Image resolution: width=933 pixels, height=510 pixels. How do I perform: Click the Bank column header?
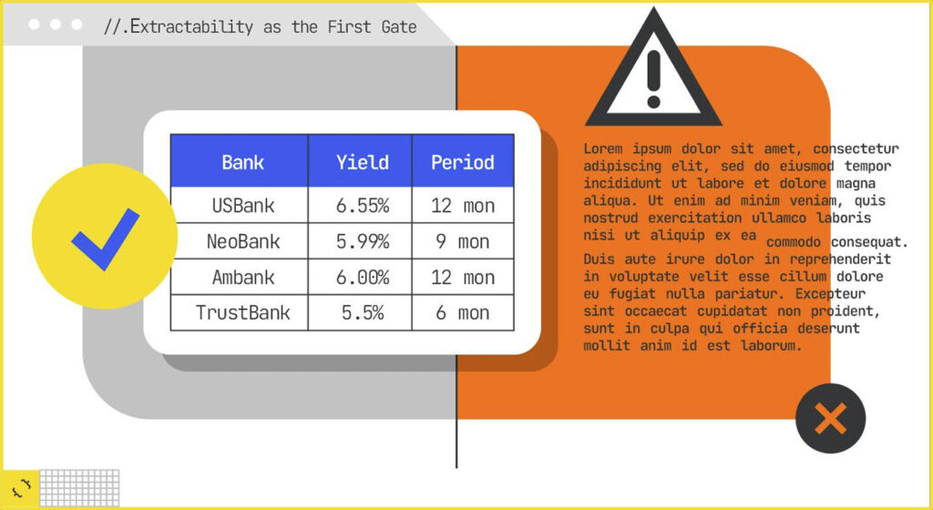coord(242,163)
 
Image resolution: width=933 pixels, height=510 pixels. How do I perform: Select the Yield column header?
coord(362,163)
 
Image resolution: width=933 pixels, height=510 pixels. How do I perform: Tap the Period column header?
coord(462,163)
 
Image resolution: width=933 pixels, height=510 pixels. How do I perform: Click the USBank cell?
coord(242,206)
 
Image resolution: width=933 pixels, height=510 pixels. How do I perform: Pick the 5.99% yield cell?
coord(362,241)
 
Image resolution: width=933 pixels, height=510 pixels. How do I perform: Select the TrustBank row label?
coord(242,313)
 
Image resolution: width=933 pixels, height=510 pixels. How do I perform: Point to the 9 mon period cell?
coord(462,241)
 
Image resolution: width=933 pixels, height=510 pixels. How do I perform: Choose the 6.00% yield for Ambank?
coord(362,278)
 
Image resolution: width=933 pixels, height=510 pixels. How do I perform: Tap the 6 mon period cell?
coord(462,313)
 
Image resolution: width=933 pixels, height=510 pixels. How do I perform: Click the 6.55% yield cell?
coord(362,206)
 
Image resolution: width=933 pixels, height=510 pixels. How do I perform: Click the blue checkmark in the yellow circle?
coord(104,239)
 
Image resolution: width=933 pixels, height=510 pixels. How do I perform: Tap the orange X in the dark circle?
coord(830,419)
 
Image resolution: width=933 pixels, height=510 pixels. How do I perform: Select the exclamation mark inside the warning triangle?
coord(653,79)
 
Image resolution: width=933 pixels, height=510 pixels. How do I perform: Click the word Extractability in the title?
coord(191,26)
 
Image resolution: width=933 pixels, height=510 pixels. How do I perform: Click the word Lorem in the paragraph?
coord(603,148)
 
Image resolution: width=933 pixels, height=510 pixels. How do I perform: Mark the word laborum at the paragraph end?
coord(771,346)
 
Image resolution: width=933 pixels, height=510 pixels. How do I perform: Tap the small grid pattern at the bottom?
coord(80,488)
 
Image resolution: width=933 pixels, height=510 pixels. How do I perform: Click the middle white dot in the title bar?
coord(56,25)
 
